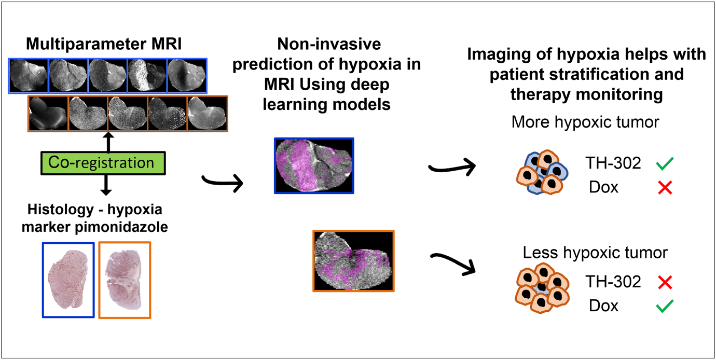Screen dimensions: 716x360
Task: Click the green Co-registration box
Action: [103, 163]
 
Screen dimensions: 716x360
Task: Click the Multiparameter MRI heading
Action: [104, 44]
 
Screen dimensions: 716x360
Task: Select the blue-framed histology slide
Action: [68, 280]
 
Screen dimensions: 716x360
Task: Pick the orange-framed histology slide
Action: [125, 280]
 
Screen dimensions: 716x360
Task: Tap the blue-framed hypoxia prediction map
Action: [314, 165]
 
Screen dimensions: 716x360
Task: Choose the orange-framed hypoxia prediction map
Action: [353, 261]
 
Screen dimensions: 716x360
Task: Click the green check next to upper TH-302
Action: [665, 163]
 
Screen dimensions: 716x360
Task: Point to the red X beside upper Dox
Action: [665, 188]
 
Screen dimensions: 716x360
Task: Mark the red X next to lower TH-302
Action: [665, 282]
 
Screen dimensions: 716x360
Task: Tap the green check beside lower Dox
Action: [665, 306]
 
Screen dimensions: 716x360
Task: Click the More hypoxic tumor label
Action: [585, 122]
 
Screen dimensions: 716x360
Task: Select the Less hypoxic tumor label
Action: [595, 253]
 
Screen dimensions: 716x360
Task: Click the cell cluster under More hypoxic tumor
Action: [542, 172]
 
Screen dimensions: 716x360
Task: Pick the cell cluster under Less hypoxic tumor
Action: [542, 288]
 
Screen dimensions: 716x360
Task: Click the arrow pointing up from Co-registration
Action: [108, 142]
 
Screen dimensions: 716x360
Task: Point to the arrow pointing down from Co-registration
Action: [106, 185]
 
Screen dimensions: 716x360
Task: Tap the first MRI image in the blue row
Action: [29, 76]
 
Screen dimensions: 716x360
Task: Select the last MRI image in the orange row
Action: [208, 114]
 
